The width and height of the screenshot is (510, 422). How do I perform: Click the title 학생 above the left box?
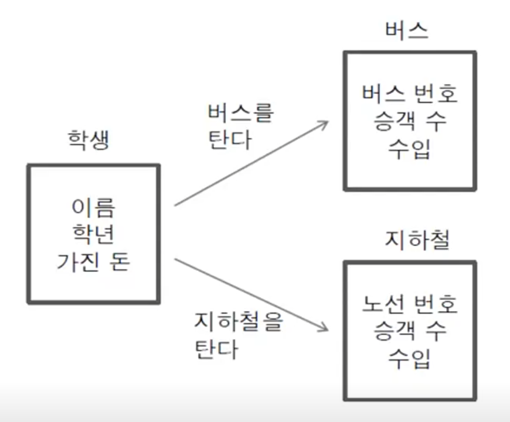[x=88, y=141]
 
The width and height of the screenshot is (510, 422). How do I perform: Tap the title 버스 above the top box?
[x=409, y=30]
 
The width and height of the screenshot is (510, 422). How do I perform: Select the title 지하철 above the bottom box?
[x=409, y=241]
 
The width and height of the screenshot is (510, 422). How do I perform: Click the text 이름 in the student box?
[x=93, y=208]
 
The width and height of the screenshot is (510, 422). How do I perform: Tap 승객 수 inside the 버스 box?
[x=409, y=122]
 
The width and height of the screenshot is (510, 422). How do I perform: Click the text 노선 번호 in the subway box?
[x=409, y=305]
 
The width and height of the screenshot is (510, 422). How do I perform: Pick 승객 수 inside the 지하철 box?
[x=409, y=332]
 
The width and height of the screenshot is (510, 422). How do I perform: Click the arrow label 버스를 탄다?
[x=240, y=126]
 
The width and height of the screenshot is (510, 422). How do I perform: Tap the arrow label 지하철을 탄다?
[x=237, y=335]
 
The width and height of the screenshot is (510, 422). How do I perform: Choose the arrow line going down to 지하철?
[x=249, y=293]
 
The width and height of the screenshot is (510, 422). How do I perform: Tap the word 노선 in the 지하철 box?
[x=381, y=305]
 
